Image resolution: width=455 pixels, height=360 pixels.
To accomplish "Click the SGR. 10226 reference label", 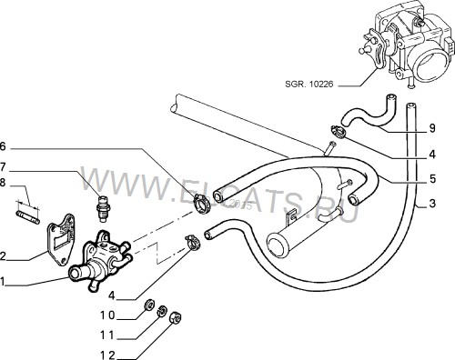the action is pos(308,84).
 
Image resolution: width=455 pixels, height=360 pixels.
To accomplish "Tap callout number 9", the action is pos(432,128).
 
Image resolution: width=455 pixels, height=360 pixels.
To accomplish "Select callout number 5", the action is pos(432,179).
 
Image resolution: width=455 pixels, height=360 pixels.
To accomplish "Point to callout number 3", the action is pos(432,204).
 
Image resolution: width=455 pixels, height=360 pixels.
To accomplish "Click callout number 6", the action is pos(3,146).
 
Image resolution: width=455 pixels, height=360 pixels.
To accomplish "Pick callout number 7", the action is pos(3,166).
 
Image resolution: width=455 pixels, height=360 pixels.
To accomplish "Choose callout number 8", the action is pos(3,184).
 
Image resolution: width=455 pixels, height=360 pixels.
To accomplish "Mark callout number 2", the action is pos(3,256).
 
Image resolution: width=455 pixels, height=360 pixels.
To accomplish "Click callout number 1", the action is pos(3,282).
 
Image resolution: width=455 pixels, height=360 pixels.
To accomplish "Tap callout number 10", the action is pos(108,315).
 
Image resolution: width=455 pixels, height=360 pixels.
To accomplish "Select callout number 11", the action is pos(108,335).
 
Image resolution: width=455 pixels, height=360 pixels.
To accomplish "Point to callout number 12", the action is pos(108,355).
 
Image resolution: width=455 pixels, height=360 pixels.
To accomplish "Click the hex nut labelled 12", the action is pos(176,318).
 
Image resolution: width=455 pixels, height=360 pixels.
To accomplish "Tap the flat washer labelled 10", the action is pos(149,305).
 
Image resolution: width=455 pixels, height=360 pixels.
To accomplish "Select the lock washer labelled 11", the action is pos(162,311).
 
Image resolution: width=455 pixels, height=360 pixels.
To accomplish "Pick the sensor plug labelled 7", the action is pos(103,208).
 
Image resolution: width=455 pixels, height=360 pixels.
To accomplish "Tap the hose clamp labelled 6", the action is pos(201,203).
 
